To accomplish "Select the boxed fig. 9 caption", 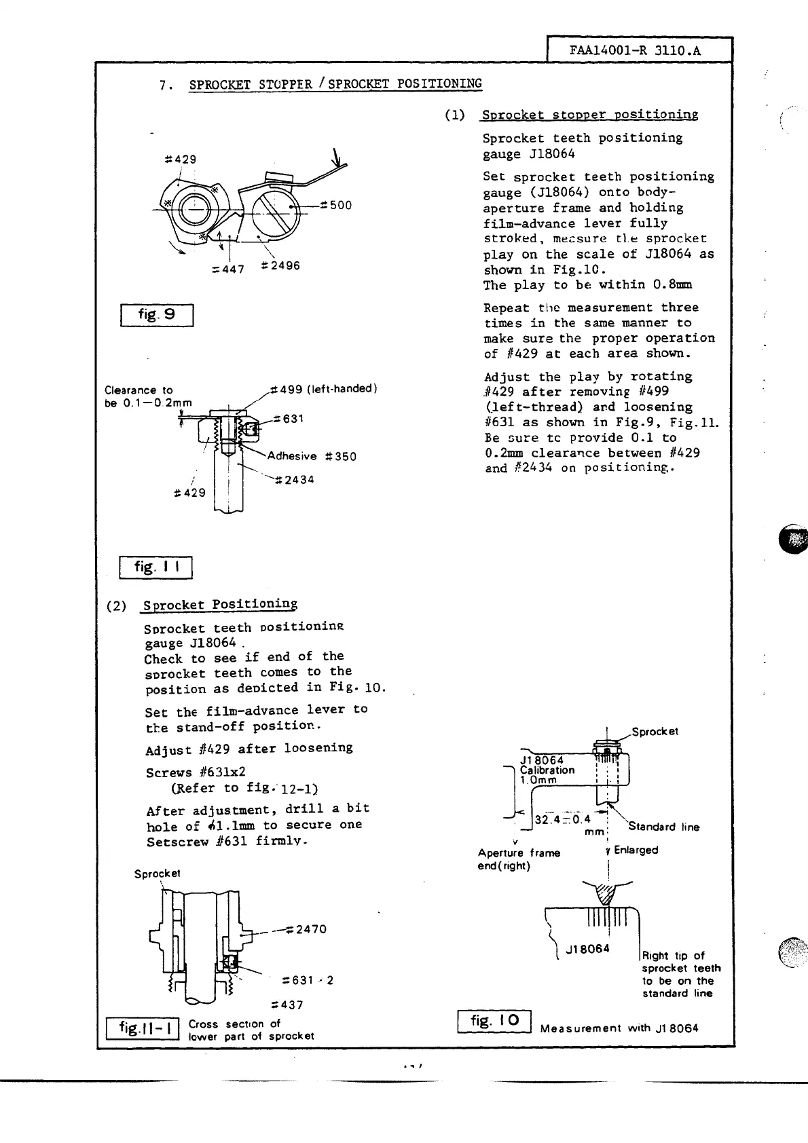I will (x=157, y=315).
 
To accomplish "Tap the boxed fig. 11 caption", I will (x=155, y=567).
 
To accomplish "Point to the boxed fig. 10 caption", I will (x=494, y=1021).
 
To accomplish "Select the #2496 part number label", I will (x=280, y=265).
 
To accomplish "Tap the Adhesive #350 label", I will (x=311, y=456).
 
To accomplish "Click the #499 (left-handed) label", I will (x=323, y=389).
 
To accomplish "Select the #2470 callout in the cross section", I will (x=307, y=929).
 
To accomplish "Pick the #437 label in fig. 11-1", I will (x=287, y=1005).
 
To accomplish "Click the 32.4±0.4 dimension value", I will (x=563, y=819).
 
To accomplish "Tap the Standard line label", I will (x=663, y=827).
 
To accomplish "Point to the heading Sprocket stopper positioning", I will (x=589, y=115).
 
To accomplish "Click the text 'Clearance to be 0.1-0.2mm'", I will (x=148, y=396).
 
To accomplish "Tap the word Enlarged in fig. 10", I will (x=636, y=850).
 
